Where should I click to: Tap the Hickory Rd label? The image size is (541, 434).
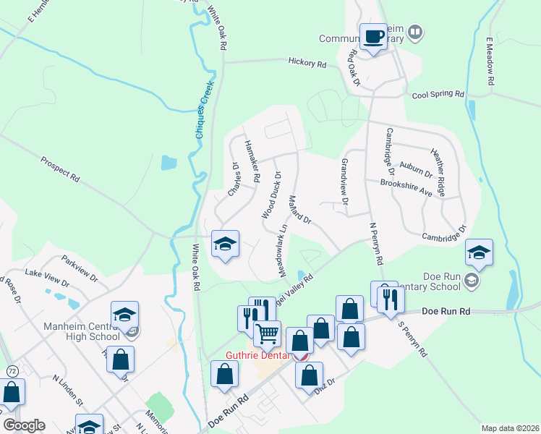(307, 64)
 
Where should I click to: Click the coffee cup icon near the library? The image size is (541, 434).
(374, 37)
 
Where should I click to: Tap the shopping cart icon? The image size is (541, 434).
(267, 334)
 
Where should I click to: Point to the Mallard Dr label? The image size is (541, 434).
(299, 208)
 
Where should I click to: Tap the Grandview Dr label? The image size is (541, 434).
(345, 181)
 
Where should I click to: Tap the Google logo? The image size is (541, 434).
(24, 425)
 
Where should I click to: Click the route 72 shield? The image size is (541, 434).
(12, 371)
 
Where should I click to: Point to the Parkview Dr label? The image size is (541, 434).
(80, 266)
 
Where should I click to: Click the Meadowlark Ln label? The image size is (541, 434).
(284, 247)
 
